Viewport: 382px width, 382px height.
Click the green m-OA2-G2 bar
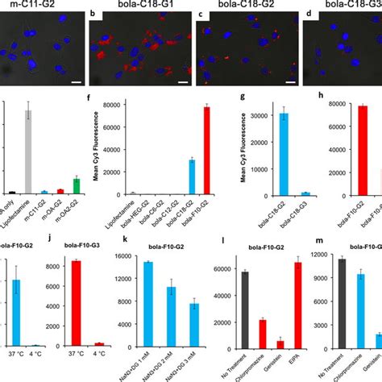76,186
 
